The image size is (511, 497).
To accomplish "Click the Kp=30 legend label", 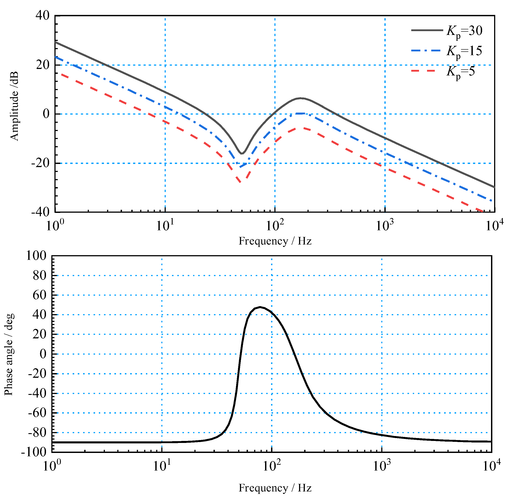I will tap(464, 31).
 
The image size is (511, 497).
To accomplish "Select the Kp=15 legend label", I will tap(464, 51).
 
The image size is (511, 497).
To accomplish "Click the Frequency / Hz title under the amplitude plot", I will tap(275, 241).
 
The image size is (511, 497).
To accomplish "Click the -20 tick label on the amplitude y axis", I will tap(40, 163).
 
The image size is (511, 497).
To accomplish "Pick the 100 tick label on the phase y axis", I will tap(36, 256).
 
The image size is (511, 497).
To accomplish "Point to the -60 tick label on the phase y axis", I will tap(37, 413).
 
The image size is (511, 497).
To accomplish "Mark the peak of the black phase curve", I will tap(260, 307).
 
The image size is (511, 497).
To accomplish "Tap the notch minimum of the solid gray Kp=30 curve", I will tap(242, 154).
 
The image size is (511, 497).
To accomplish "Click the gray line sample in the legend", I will tap(427, 30).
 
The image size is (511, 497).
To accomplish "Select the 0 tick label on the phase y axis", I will tap(43, 354).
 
